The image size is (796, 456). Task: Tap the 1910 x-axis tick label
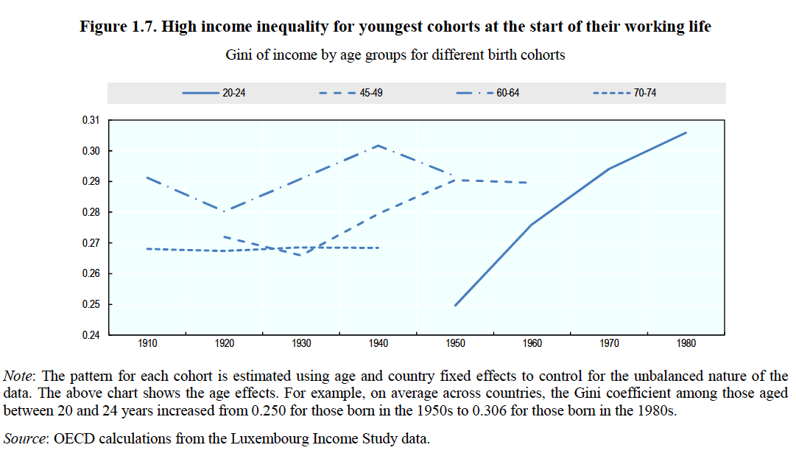pos(147,343)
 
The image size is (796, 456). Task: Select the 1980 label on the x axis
pos(686,343)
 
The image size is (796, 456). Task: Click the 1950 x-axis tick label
pos(455,343)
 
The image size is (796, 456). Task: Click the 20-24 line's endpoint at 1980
pos(686,133)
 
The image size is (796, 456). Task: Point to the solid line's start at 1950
pos(455,305)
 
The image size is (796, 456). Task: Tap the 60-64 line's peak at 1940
pos(378,145)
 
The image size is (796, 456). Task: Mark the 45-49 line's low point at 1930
pos(301,255)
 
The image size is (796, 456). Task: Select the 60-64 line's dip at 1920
pos(224,210)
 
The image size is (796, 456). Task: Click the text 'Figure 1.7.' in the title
pos(117,27)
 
